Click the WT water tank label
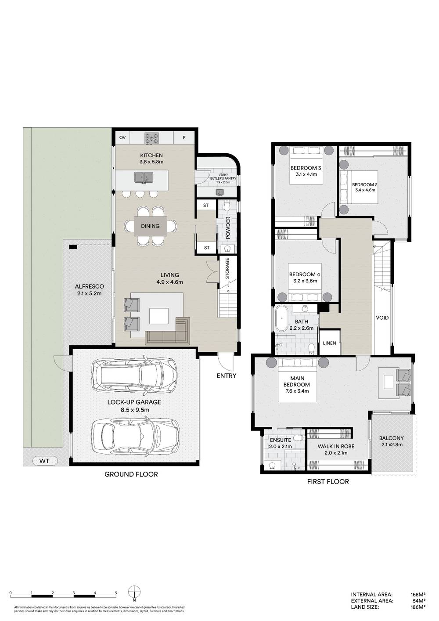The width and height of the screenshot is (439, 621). (x=44, y=461)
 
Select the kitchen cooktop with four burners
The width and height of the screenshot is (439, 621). (x=152, y=138)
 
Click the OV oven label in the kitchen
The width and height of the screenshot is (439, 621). (x=122, y=138)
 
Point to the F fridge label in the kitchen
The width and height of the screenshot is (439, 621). (x=184, y=138)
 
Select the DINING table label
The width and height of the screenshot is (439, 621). (x=150, y=226)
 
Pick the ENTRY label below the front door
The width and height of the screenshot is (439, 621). (x=226, y=375)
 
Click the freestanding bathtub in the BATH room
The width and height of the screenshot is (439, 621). (x=281, y=321)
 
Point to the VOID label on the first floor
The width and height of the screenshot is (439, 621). (x=382, y=318)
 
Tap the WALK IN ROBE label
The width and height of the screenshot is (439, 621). (x=336, y=446)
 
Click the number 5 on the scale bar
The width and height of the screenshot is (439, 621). (x=116, y=592)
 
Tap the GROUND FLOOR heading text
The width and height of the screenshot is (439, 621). (x=131, y=474)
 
